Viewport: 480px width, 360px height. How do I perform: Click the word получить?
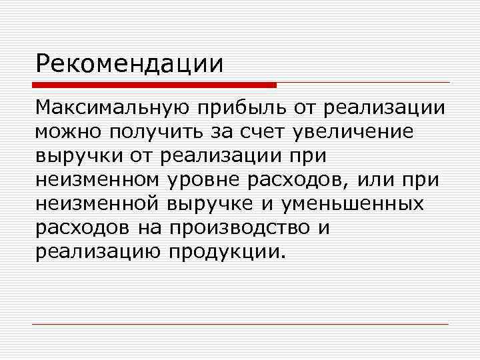click(x=156, y=131)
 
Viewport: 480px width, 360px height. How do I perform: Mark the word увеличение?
click(x=353, y=131)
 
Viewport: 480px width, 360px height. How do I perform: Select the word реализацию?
click(x=98, y=251)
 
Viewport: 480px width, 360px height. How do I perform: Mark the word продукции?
click(x=227, y=251)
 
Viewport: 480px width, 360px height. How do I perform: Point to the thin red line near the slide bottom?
click(x=240, y=324)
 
